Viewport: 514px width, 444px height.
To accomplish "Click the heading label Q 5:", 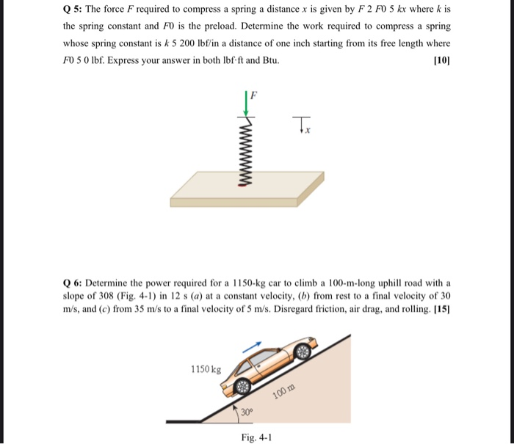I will (x=75, y=10).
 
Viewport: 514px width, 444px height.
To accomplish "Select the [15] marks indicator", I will (x=442, y=307).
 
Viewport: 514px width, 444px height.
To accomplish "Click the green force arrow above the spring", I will (x=247, y=103).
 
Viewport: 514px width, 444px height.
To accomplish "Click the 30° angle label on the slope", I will (x=248, y=412).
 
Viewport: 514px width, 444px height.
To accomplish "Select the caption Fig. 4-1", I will (x=256, y=437).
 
